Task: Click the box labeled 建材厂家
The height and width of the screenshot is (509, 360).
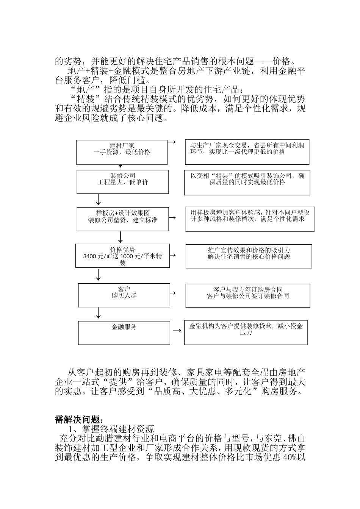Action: [x=122, y=152]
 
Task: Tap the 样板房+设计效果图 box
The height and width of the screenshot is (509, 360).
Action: [x=122, y=219]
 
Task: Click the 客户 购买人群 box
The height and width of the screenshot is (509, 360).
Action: [x=124, y=295]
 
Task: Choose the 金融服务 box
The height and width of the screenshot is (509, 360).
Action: [x=124, y=333]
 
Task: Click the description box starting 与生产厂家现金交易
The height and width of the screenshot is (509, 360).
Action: [x=247, y=152]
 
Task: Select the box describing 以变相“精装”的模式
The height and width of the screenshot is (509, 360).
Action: [x=247, y=183]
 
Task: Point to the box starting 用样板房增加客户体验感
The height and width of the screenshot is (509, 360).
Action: [x=249, y=219]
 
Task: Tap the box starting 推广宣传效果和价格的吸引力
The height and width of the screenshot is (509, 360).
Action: [x=249, y=256]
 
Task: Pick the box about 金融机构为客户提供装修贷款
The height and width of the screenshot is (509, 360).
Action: [x=246, y=333]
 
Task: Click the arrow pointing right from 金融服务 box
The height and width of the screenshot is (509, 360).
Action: [x=176, y=331]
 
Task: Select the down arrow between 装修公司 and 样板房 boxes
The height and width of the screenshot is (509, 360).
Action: [x=99, y=199]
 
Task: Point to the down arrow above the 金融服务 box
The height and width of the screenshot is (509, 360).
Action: [x=99, y=313]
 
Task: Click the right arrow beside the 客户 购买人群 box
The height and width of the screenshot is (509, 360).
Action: [x=172, y=293]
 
